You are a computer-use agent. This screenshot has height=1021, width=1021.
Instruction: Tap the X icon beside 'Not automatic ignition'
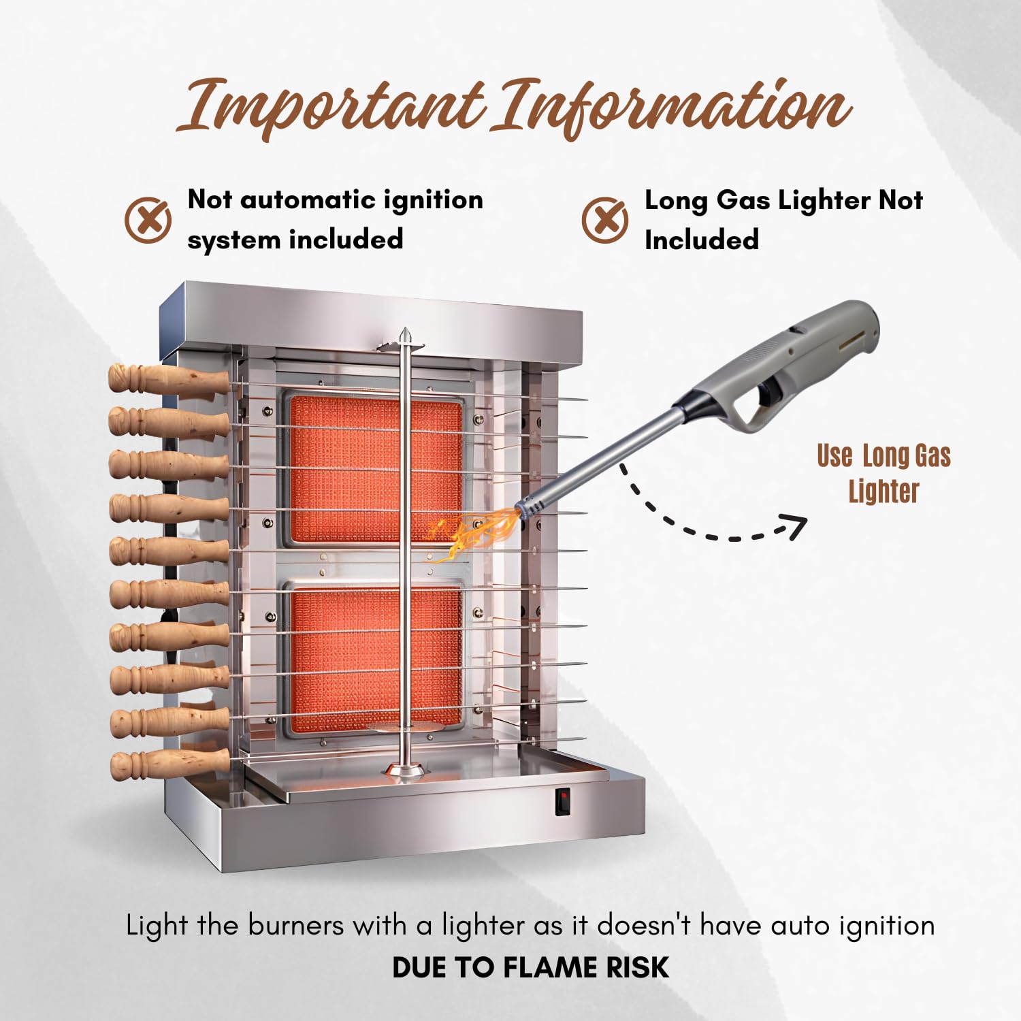[x=148, y=220]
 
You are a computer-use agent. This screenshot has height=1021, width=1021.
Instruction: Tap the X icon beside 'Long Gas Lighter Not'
[x=604, y=220]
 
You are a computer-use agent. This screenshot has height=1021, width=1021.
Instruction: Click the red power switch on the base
[x=562, y=801]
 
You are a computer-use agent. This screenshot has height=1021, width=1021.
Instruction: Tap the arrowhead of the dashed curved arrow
[x=795, y=525]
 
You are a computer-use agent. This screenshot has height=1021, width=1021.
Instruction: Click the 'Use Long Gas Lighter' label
[x=884, y=474]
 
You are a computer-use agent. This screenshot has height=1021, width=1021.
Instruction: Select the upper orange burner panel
[x=376, y=470]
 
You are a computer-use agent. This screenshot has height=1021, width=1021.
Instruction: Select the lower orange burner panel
[x=376, y=657]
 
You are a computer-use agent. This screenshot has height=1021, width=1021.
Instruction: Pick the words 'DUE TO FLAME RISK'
[x=530, y=967]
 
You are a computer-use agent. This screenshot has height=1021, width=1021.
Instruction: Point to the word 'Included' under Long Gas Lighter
[x=701, y=240]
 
